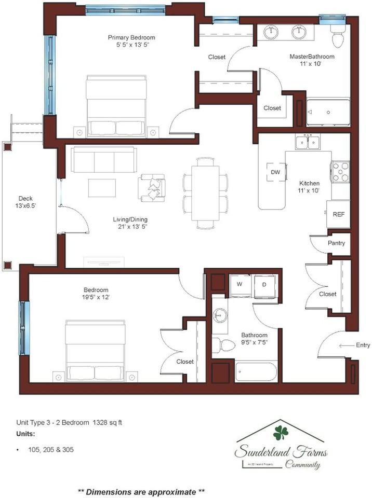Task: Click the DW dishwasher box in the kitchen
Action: [275, 172]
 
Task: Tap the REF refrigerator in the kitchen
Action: [338, 214]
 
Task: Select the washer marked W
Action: [240, 285]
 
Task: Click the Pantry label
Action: [336, 243]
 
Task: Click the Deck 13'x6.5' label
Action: [27, 202]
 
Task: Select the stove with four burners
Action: [340, 172]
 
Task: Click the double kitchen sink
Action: [308, 141]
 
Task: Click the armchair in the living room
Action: [152, 187]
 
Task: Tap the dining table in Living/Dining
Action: [205, 192]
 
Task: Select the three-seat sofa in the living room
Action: [104, 159]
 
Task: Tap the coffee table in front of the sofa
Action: [102, 187]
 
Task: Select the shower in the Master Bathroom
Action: [328, 113]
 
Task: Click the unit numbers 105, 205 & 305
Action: [51, 450]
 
